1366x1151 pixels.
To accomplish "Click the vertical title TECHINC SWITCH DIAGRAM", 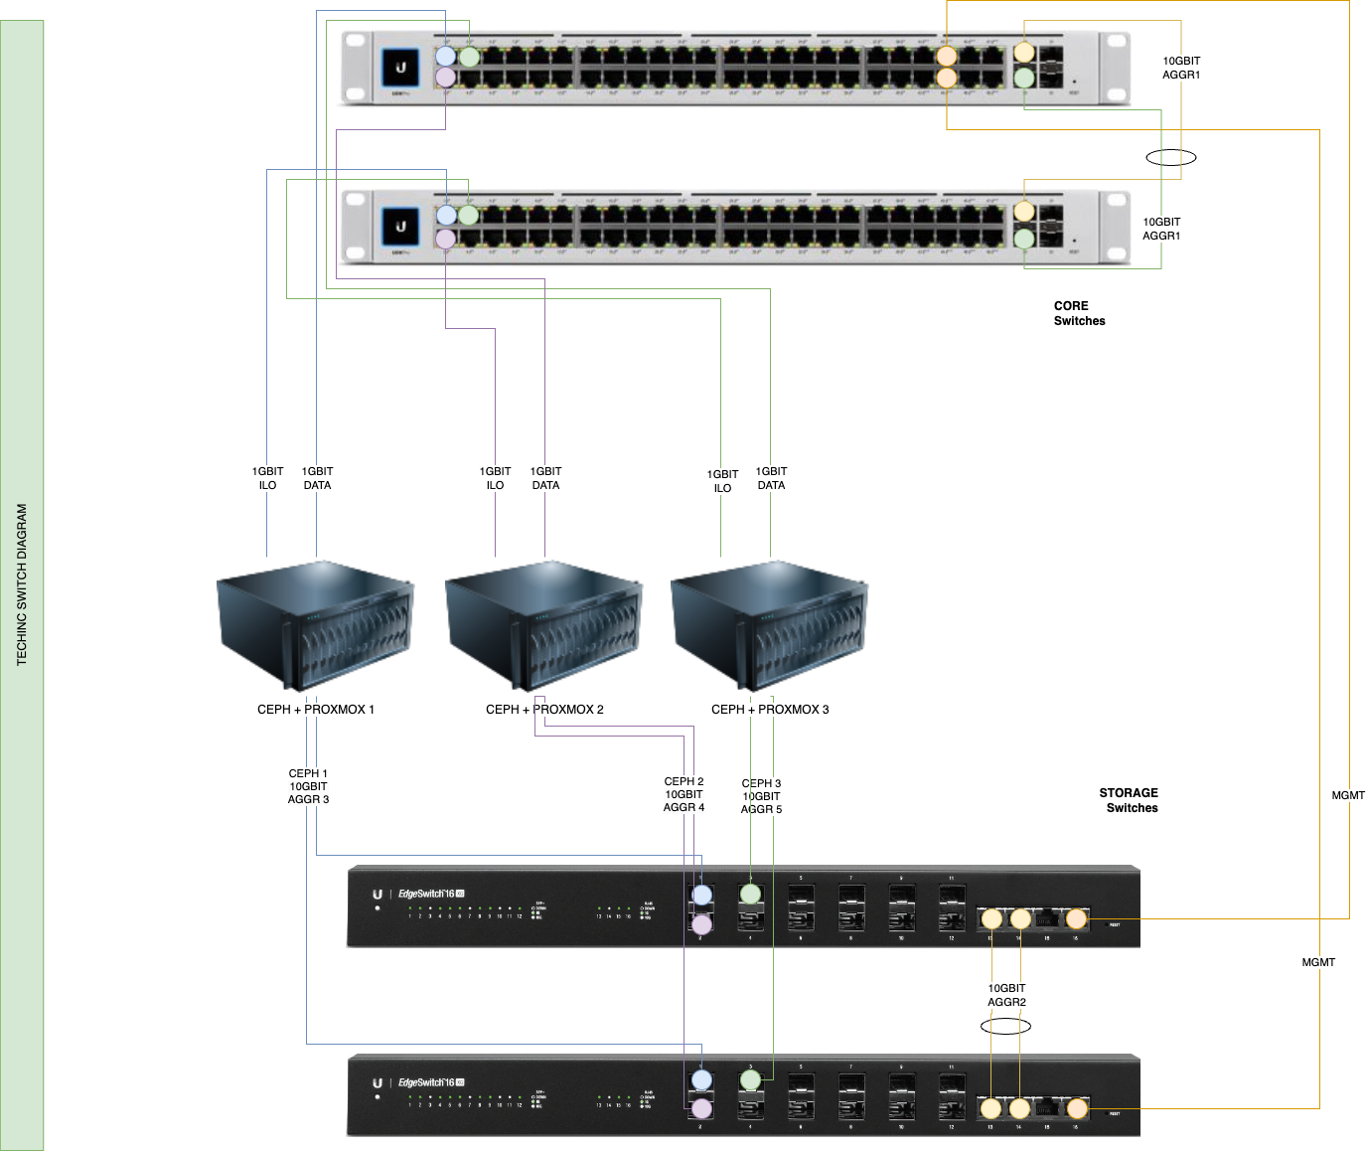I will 23,584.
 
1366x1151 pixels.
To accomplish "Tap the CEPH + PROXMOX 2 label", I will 544,710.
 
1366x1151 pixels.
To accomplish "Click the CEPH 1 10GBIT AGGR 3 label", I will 308,786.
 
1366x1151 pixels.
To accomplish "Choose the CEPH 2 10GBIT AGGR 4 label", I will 683,795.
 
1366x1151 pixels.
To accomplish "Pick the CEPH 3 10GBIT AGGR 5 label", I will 762,797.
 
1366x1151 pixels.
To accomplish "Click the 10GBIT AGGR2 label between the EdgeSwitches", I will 1006,996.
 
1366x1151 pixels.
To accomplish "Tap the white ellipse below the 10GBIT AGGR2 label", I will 1006,1026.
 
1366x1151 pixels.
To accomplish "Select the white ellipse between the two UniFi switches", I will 1171,157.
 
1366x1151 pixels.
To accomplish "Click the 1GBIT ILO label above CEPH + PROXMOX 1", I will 267,478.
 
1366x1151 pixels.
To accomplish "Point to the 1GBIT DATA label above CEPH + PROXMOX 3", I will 771,478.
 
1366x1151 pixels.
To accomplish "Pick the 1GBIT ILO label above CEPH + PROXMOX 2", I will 495,478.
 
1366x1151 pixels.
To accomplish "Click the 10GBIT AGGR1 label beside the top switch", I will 1181,68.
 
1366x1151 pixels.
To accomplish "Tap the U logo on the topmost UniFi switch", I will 401,68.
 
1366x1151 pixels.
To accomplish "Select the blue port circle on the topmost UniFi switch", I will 446,57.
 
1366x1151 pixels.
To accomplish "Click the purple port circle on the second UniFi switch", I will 446,239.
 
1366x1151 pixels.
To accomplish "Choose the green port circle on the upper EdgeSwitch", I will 751,895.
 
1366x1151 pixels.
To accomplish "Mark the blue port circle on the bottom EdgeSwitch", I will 702,1080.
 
